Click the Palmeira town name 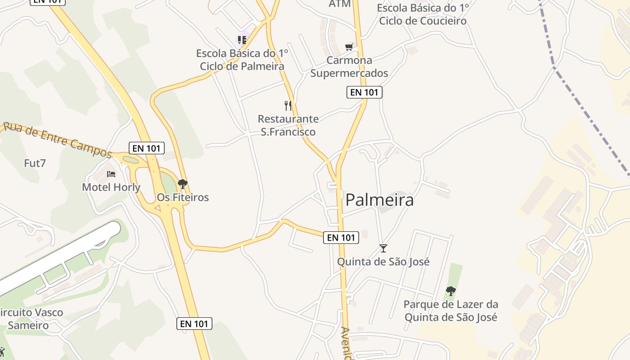(379, 200)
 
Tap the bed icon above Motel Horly (111, 174)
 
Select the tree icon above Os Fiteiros (182, 184)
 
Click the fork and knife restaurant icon (288, 106)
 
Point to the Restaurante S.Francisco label (288, 126)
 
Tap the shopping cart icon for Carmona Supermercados (349, 47)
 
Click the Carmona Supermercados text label (349, 67)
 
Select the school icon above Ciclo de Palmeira (242, 40)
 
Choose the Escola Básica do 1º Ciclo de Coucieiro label (423, 14)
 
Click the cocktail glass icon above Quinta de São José (383, 248)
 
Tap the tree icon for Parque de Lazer (450, 291)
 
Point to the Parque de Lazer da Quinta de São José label (450, 310)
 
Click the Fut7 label (35, 163)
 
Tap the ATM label (340, 4)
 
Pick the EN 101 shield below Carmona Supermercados (364, 92)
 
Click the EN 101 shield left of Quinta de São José (341, 238)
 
